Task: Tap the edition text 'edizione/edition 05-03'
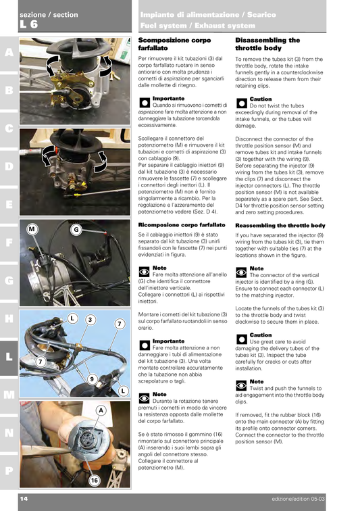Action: (x=303, y=499)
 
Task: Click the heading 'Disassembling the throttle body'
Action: (x=267, y=45)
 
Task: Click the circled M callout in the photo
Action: (x=32, y=229)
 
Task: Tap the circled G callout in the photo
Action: (x=76, y=229)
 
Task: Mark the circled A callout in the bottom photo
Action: (x=100, y=410)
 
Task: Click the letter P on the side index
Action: (x=9, y=469)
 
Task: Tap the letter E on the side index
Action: (x=9, y=203)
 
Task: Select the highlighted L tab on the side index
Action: (x=9, y=356)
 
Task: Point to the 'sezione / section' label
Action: (x=49, y=15)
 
